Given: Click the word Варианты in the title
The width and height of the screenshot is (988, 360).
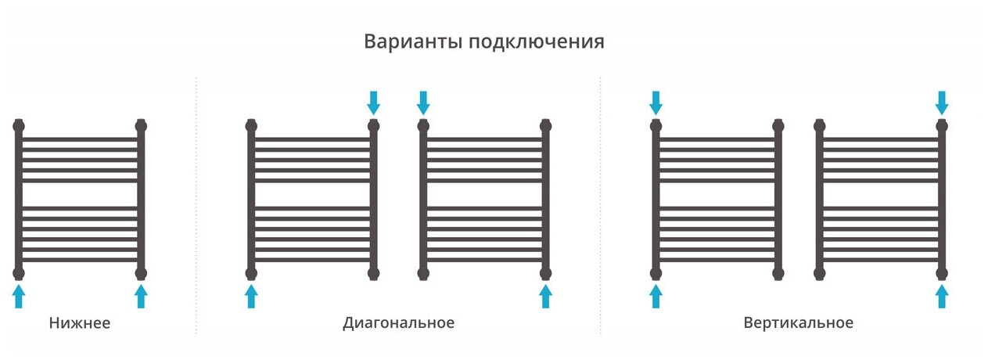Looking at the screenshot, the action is pyautogui.click(x=412, y=41).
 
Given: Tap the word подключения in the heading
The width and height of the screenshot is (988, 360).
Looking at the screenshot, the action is pyautogui.click(x=536, y=42).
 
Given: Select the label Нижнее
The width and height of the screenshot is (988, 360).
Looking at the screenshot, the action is pyautogui.click(x=79, y=322).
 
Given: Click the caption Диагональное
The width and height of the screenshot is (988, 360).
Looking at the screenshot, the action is pyautogui.click(x=398, y=322).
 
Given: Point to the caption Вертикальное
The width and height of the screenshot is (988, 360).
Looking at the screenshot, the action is pyautogui.click(x=798, y=322).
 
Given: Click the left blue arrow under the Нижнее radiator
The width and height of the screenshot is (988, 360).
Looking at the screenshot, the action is pyautogui.click(x=19, y=296).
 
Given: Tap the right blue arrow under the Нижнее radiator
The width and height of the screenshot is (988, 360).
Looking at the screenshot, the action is pyautogui.click(x=141, y=296).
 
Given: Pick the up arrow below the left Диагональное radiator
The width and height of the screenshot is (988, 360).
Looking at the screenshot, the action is pyautogui.click(x=251, y=296).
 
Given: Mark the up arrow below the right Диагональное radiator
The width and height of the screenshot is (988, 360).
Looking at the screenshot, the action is pyautogui.click(x=545, y=296).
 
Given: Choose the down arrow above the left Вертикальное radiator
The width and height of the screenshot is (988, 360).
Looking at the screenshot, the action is pyautogui.click(x=656, y=102).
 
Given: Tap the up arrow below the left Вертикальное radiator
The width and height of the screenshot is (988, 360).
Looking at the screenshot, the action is pyautogui.click(x=656, y=296).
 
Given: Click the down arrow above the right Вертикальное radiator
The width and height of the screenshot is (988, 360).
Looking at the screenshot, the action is pyautogui.click(x=942, y=102).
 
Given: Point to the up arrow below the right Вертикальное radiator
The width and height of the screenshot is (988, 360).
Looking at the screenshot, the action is pyautogui.click(x=942, y=296).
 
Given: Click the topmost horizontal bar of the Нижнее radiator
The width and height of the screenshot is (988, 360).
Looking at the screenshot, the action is pyautogui.click(x=80, y=139).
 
